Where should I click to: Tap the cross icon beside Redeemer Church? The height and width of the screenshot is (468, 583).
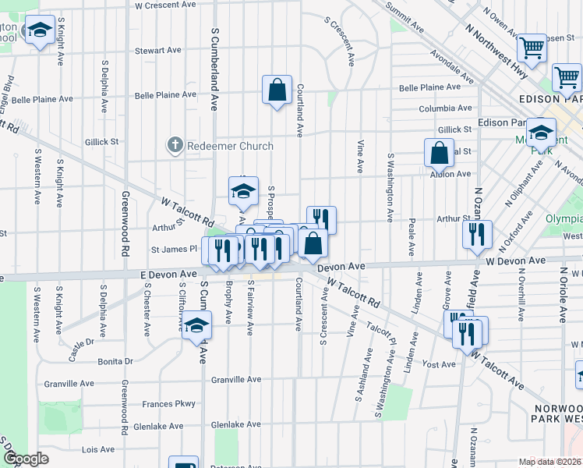coord(175,145)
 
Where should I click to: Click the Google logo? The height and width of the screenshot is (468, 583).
coord(26,459)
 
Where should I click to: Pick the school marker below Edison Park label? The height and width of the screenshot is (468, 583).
coord(540,133)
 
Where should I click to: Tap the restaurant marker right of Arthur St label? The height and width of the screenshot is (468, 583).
coord(476,234)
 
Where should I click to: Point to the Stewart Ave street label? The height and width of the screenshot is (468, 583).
coord(158,51)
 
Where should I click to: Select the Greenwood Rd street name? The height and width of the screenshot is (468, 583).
coord(125,224)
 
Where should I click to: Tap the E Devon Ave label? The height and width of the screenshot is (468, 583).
coord(168,275)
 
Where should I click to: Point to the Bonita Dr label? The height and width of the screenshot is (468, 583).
coord(115,361)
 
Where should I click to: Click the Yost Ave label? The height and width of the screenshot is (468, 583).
coord(438,364)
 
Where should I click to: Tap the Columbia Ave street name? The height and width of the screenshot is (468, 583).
coord(445,108)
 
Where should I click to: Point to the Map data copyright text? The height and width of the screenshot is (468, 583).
coord(549,462)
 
